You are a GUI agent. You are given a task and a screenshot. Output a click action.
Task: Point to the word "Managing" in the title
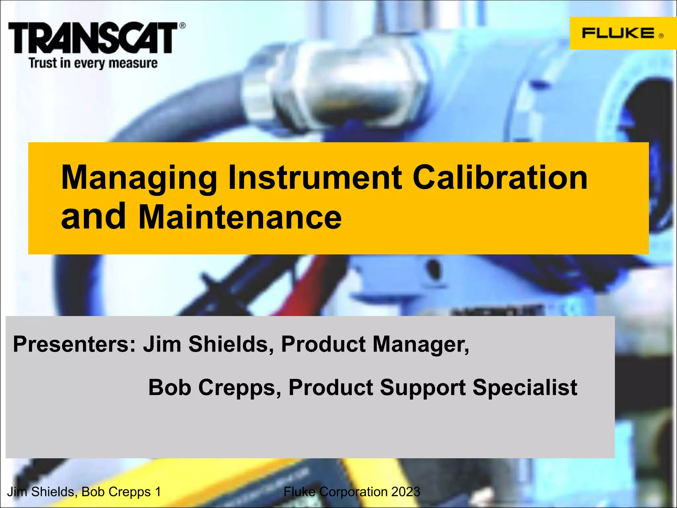pyautogui.click(x=139, y=179)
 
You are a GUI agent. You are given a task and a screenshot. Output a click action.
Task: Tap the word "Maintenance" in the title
pyautogui.click(x=240, y=217)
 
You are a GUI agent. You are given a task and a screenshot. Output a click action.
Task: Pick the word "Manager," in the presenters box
pyautogui.click(x=421, y=344)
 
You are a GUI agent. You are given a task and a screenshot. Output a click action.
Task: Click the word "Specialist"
pyautogui.click(x=525, y=387)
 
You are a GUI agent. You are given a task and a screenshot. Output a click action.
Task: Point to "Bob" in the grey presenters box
pyautogui.click(x=170, y=387)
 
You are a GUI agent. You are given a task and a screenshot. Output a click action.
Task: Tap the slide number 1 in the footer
pyautogui.click(x=158, y=492)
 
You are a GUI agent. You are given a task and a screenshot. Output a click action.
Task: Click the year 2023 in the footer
pyautogui.click(x=406, y=492)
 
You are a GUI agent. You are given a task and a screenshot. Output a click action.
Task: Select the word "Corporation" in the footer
pyautogui.click(x=353, y=492)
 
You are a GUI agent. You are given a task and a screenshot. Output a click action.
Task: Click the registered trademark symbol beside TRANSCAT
pyautogui.click(x=182, y=25)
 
